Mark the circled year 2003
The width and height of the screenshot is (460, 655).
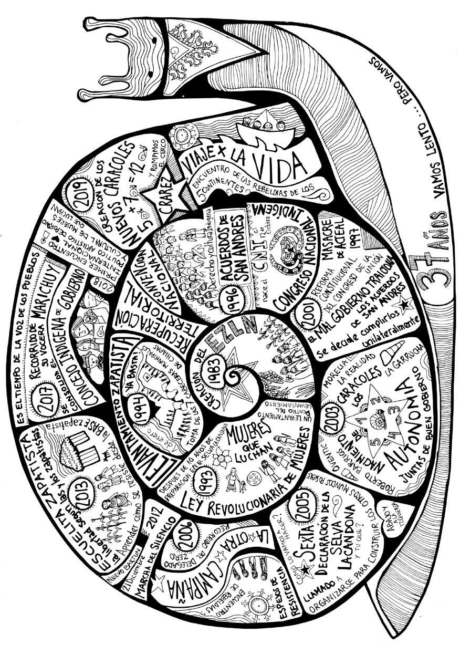click(330, 432)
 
